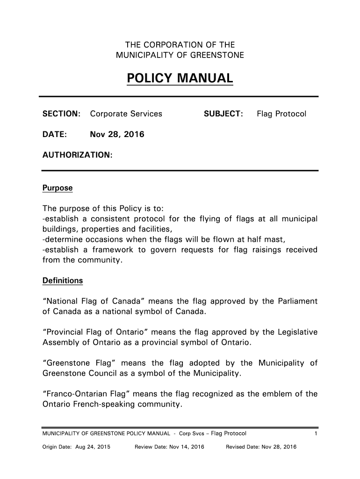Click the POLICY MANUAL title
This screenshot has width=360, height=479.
180,78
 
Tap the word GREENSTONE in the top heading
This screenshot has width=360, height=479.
219,56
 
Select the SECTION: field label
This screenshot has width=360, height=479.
62,114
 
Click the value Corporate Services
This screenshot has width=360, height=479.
126,114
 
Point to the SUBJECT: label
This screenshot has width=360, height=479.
223,114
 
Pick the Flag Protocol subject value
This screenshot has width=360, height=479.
281,114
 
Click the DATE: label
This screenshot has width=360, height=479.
55,135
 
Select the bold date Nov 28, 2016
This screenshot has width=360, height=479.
117,135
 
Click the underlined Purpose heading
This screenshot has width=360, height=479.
58,188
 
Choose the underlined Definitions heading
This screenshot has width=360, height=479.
63,281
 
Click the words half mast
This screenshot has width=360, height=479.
266,239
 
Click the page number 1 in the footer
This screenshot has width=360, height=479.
316,434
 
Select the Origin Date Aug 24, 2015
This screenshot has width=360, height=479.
76,447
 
